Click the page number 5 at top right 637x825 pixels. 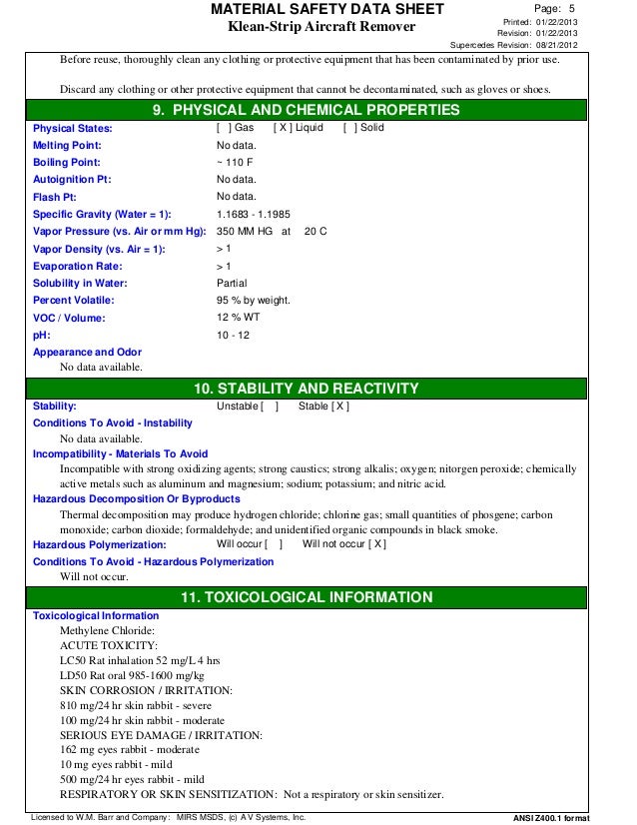[x=572, y=8]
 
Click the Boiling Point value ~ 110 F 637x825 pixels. [x=236, y=162]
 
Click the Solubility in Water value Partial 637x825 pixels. [x=233, y=283]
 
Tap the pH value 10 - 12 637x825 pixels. [x=234, y=335]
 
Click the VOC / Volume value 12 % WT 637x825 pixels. [x=239, y=318]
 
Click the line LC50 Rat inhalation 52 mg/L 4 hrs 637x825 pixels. [x=140, y=660]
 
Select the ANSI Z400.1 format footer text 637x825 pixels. [x=573, y=816]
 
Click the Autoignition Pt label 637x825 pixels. [x=72, y=179]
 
